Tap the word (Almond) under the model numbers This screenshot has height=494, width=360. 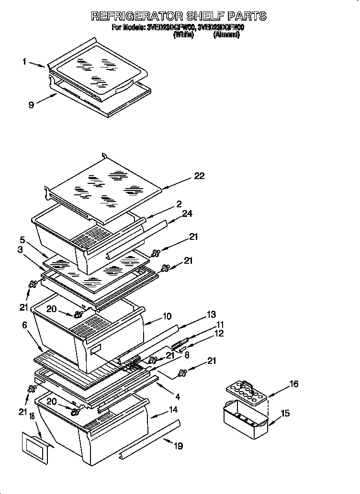tap(226, 35)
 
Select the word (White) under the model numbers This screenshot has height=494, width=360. tap(183, 35)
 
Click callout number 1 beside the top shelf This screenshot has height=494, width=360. tap(24, 61)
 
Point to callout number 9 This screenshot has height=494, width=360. tap(31, 105)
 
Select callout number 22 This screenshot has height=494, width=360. tap(199, 176)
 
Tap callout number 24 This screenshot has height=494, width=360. tap(187, 213)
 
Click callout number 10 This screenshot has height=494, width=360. tap(167, 316)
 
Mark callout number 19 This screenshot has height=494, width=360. tap(178, 446)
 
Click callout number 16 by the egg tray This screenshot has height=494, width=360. tap(293, 384)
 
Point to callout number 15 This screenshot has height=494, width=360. tap(285, 413)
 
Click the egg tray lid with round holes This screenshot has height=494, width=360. tap(246, 391)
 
